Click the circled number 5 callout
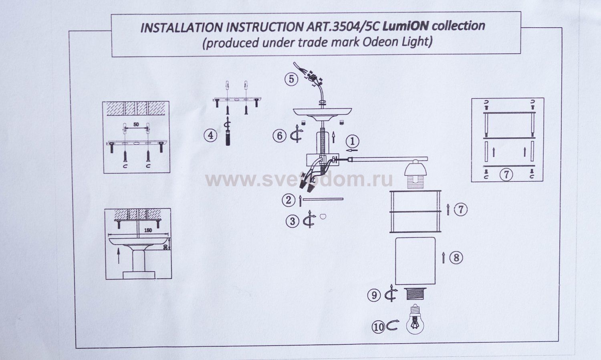point(291,79)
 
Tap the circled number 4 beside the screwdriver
point(210,135)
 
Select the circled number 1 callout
point(352,141)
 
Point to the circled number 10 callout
point(378,327)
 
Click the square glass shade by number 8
point(415,260)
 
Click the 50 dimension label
point(136,125)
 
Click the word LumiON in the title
point(405,26)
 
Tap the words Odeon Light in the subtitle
point(397,42)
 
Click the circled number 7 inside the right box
point(507,175)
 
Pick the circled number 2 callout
point(288,200)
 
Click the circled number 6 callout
point(280,135)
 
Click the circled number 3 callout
point(292,221)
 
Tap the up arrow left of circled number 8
point(443,258)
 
